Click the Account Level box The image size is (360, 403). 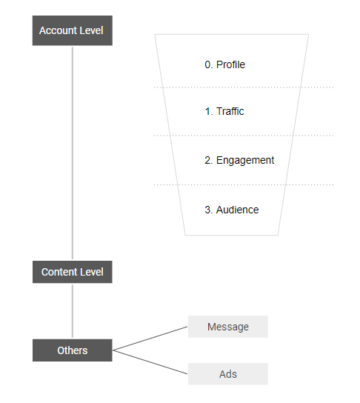pos(72,31)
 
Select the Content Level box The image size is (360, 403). pos(72,272)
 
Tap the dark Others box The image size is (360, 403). pos(72,350)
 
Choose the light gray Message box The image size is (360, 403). pos(227,327)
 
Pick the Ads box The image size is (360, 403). pos(227,374)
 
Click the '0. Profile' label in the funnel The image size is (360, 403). pos(224,64)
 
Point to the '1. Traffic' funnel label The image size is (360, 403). pos(224,111)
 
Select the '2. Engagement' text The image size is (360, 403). pos(239,160)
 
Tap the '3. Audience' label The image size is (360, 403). pos(231,210)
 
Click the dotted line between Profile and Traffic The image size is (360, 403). pos(244,87)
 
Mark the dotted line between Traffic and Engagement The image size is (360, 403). pos(244,136)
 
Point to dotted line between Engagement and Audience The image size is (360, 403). pos(244,184)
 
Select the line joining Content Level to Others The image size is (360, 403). pos(72,311)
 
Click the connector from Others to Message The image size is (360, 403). pos(150,339)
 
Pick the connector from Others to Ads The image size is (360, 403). pos(150,362)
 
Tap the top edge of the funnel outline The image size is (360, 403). pos(231,34)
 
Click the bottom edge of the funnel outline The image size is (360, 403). pos(231,235)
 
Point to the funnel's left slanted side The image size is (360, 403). pos(170,133)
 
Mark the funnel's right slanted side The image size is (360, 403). pos(293,133)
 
